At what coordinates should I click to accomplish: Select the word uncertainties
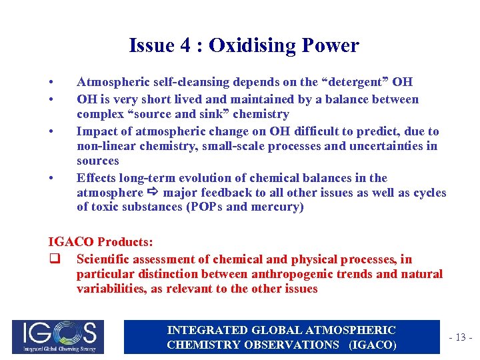pyautogui.click(x=387, y=146)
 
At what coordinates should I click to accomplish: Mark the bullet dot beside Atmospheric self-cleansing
pyautogui.click(x=51, y=83)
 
